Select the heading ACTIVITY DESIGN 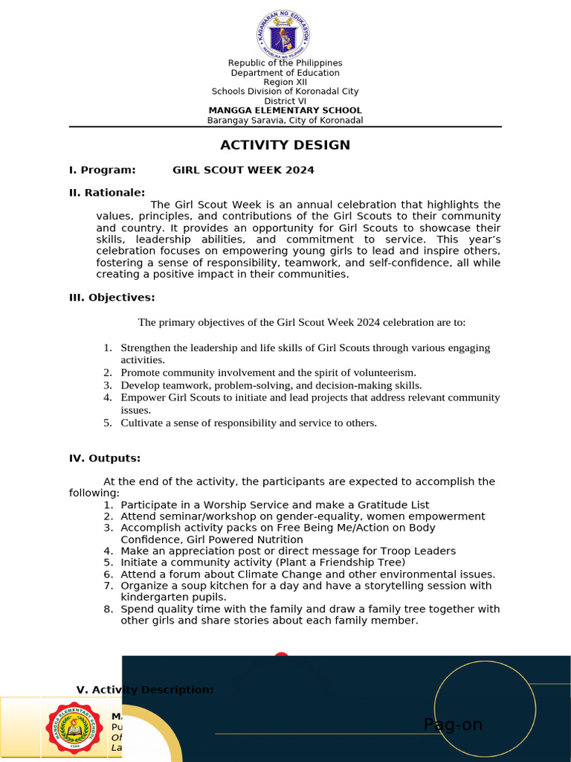285,145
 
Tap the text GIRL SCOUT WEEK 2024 243,170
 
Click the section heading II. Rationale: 107,193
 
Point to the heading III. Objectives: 112,298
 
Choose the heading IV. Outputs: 105,458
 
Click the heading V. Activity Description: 145,690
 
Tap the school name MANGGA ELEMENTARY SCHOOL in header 285,111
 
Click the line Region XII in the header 285,82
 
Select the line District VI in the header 285,101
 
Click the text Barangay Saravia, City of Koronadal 285,121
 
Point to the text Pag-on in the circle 453,725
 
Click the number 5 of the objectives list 107,423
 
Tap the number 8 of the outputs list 107,609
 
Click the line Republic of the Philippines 285,63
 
